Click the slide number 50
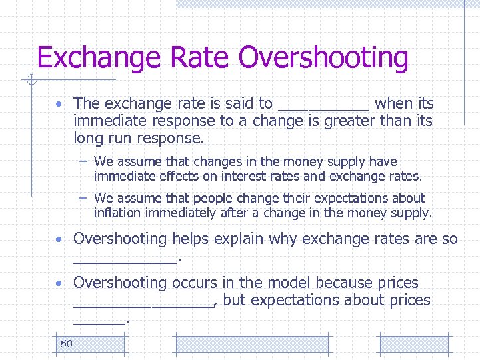pyautogui.click(x=66, y=344)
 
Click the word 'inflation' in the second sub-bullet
pyautogui.click(x=117, y=213)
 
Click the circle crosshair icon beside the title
pyautogui.click(x=29, y=81)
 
